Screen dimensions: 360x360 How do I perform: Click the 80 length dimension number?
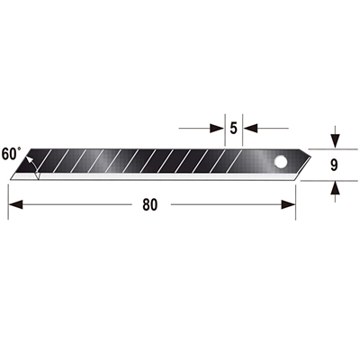[x=149, y=205]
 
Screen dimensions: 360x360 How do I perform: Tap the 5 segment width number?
[x=233, y=129]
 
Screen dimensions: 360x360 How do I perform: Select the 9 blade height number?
[x=334, y=165]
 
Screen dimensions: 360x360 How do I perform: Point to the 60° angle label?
[x=11, y=154]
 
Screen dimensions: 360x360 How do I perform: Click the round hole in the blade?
[x=281, y=162]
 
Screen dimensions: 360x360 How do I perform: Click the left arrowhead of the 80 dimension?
[x=15, y=205]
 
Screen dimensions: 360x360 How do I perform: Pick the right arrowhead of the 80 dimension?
[x=288, y=205]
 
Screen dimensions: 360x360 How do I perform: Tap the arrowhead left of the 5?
[x=217, y=129]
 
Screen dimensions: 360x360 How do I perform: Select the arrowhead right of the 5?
[x=250, y=129]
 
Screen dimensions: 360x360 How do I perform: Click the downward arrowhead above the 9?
[x=335, y=141]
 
